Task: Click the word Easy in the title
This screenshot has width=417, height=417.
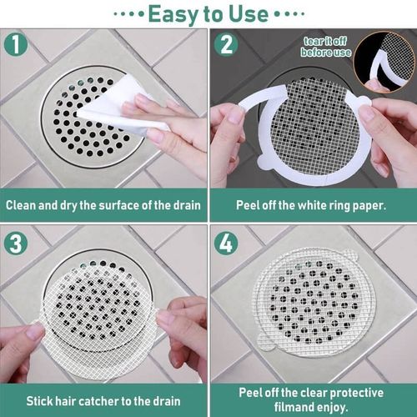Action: pyautogui.click(x=171, y=13)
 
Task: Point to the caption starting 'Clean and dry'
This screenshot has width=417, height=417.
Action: pyautogui.click(x=104, y=204)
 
